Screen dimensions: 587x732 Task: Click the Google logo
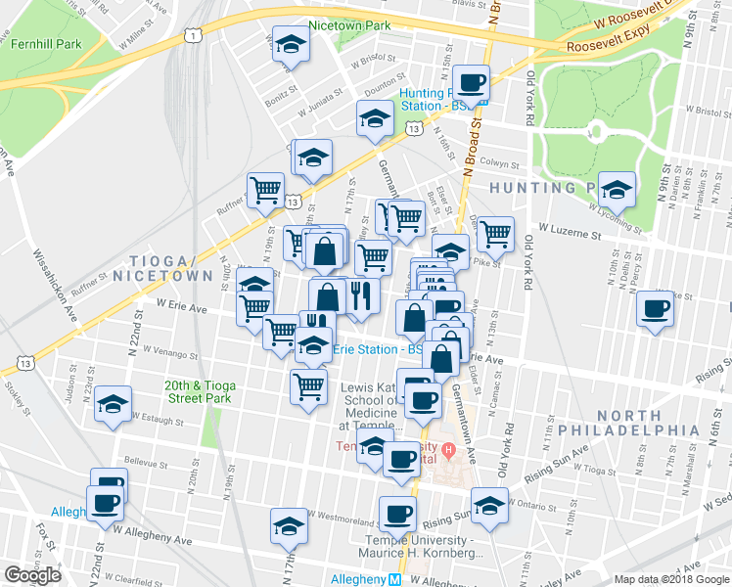point(32,574)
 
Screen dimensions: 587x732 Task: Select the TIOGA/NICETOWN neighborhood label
point(169,268)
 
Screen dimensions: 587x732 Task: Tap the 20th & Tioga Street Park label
point(197,391)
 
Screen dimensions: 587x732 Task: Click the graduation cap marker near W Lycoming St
point(617,189)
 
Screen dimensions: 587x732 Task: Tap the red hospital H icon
point(449,451)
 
